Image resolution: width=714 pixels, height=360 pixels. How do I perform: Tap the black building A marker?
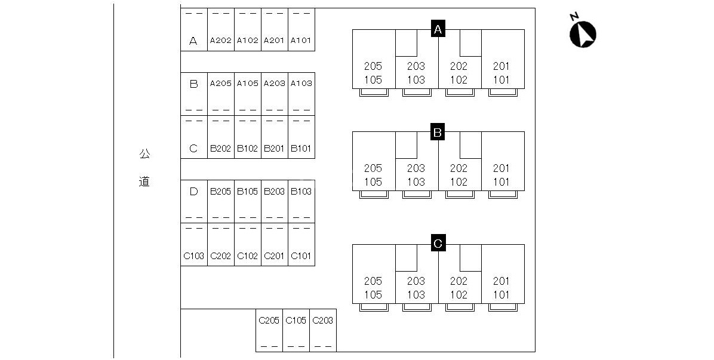pos(438,29)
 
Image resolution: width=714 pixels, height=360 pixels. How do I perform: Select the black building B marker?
pos(438,132)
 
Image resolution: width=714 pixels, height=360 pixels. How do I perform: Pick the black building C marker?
pos(438,243)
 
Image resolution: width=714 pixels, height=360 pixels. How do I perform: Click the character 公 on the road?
pos(145,154)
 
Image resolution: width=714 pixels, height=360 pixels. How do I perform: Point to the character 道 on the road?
pos(144,182)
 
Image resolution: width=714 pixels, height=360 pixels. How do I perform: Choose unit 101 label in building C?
pos(502,294)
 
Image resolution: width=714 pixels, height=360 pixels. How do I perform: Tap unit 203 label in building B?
pos(416,168)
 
